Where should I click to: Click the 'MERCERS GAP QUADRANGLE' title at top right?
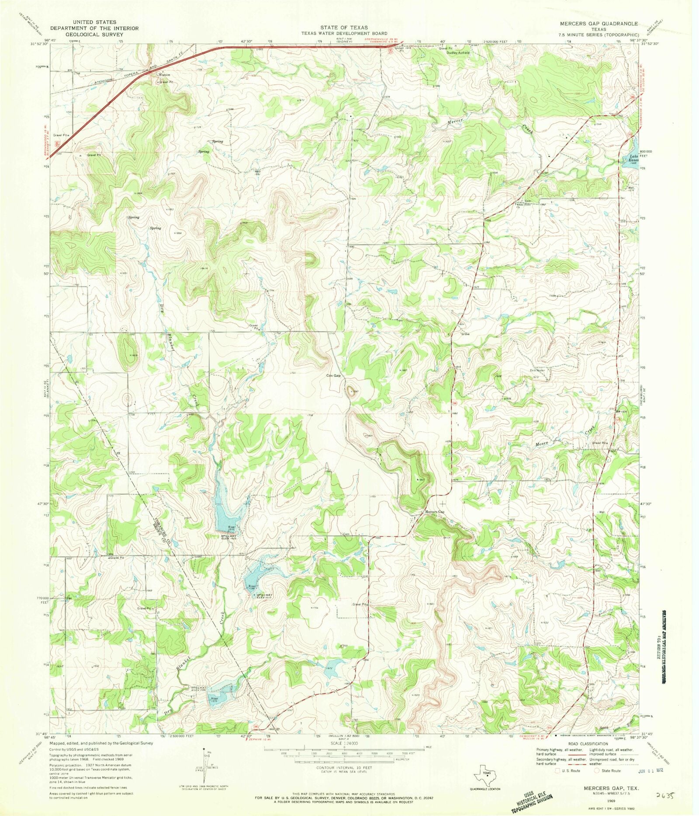(610, 24)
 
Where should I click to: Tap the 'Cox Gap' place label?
(333, 375)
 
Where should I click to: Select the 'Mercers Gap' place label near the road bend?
(434, 512)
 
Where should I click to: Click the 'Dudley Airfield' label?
(458, 52)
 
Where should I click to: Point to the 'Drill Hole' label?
(536, 371)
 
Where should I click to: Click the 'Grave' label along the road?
(466, 334)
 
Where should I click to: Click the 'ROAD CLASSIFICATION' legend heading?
(588, 743)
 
